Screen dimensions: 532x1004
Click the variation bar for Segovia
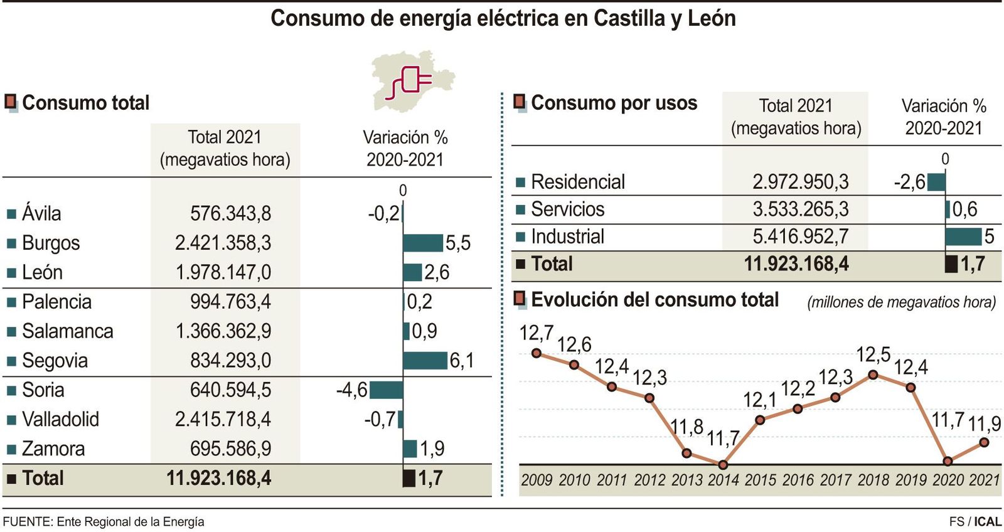coord(425,361)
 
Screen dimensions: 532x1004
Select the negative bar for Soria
coord(386,390)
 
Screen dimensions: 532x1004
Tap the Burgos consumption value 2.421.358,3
coord(223,243)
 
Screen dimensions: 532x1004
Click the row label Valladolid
coord(60,419)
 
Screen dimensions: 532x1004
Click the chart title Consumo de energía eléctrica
coord(503,18)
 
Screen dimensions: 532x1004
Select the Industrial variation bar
coord(963,237)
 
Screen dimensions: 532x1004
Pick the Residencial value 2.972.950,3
coord(800,182)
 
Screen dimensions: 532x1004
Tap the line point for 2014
coord(723,465)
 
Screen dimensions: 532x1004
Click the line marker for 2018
coord(873,375)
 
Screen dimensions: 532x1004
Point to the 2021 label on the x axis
coord(984,480)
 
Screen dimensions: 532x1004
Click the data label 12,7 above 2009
coord(536,333)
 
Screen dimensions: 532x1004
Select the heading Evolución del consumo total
coord(654,300)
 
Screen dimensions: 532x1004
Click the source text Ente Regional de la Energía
coord(130,521)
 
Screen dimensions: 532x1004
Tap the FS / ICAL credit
coord(975,521)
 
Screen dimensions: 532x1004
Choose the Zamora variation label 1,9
coord(432,449)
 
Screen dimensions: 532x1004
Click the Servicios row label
coord(567,210)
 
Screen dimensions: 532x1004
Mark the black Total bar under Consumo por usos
coord(951,264)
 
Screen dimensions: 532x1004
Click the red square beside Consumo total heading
coord(11,102)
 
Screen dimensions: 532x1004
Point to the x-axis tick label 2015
coord(761,480)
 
